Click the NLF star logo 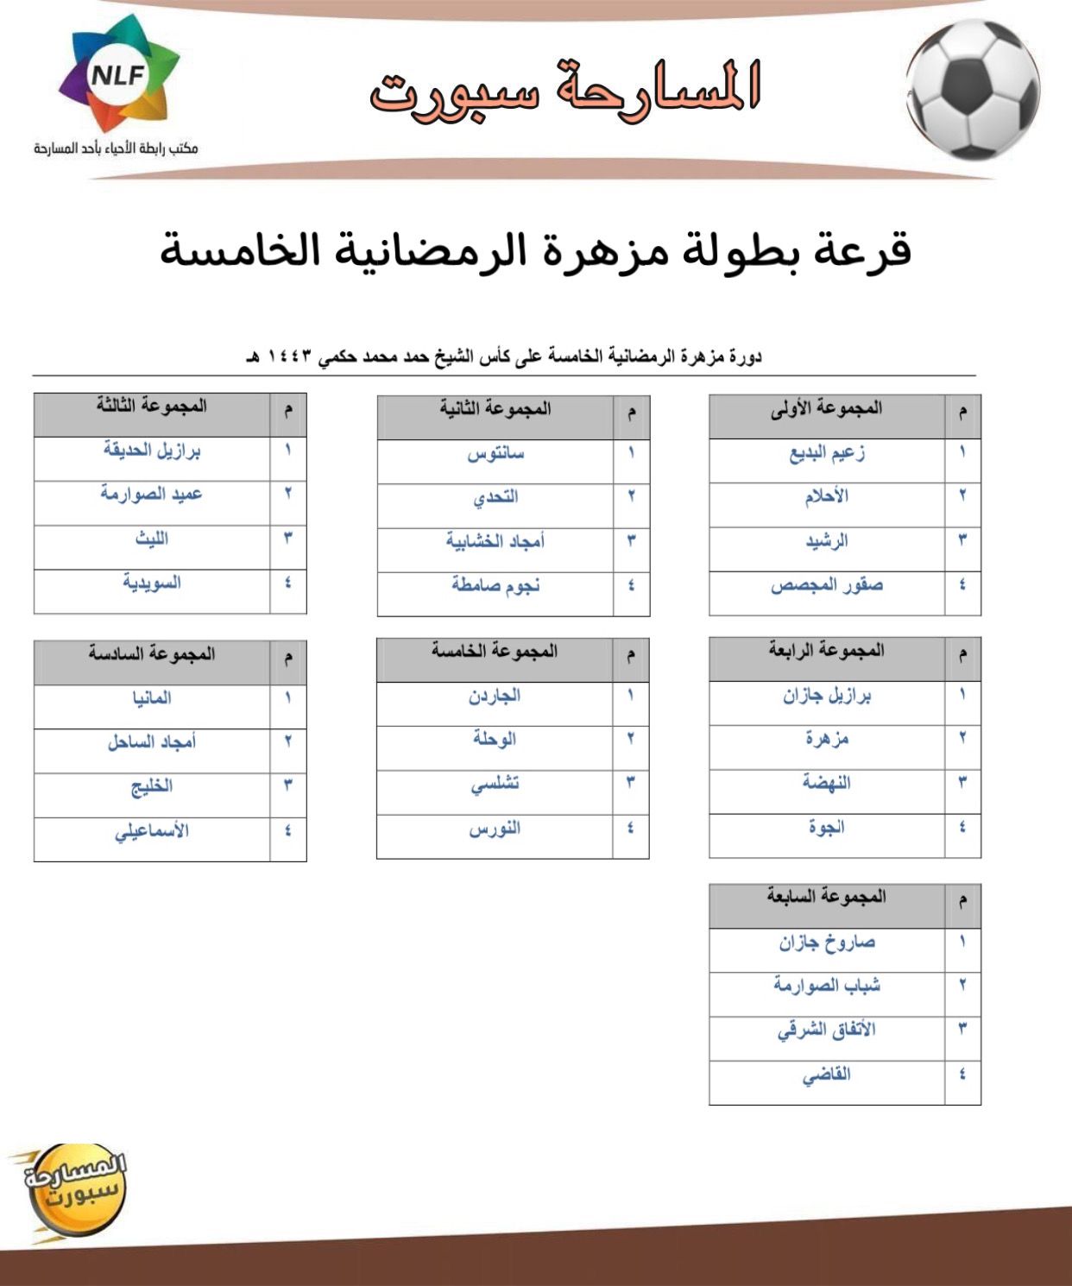click(118, 76)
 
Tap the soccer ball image click(973, 89)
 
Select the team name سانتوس click(495, 453)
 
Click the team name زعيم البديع click(827, 453)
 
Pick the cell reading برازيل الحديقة click(152, 451)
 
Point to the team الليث click(152, 539)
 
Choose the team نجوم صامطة click(495, 586)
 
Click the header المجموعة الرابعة click(827, 651)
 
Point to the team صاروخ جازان click(827, 942)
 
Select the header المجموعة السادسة click(152, 654)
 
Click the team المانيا click(152, 698)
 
